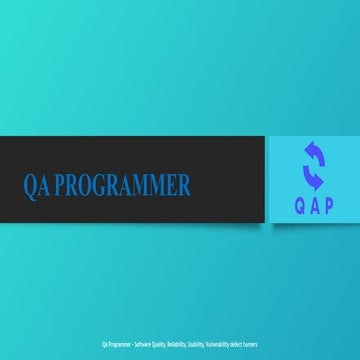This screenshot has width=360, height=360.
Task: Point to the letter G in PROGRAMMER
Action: (98, 185)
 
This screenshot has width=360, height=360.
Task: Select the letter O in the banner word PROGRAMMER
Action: (84, 185)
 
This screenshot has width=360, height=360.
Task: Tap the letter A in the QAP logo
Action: (314, 207)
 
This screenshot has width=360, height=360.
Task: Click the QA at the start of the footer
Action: (104, 344)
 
